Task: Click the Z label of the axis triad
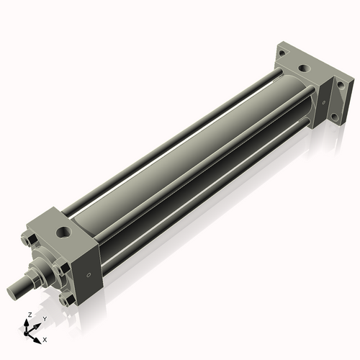tap(28, 315)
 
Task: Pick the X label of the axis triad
tap(45, 338)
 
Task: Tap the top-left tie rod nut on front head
tap(27, 241)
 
